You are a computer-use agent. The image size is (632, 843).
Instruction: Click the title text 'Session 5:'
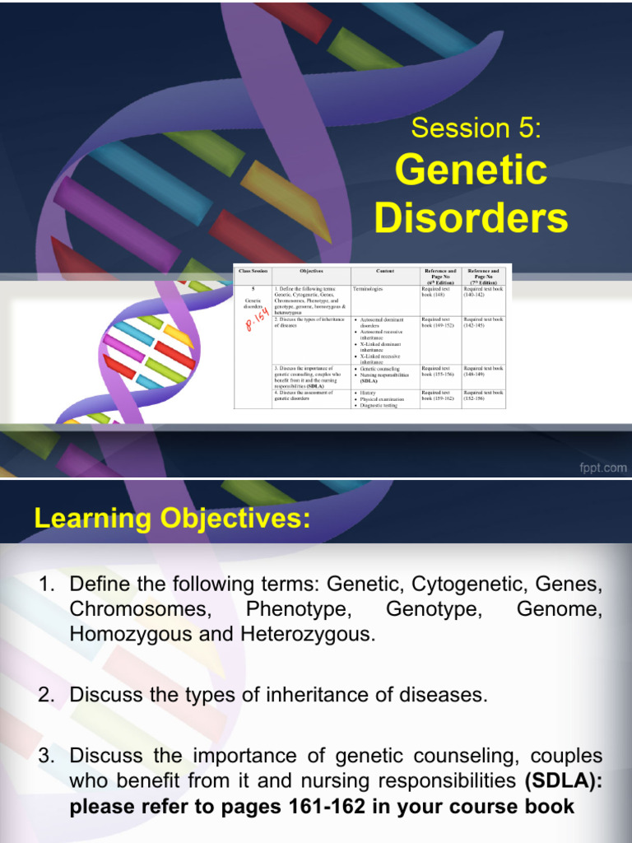coord(476,128)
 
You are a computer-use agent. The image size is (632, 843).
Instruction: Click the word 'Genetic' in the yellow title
coord(471,170)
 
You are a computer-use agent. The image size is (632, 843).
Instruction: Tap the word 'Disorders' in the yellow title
coord(471,218)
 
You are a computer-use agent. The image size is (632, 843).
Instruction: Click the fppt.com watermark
coord(602,468)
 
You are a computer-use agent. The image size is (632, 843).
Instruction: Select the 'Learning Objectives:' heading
coord(173,519)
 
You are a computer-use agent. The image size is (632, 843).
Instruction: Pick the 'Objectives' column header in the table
coord(311,271)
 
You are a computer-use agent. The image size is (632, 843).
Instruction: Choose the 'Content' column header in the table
coord(384,271)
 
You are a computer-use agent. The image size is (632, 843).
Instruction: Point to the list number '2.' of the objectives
coord(47,696)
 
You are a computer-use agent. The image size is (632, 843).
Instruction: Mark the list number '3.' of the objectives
coord(47,756)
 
